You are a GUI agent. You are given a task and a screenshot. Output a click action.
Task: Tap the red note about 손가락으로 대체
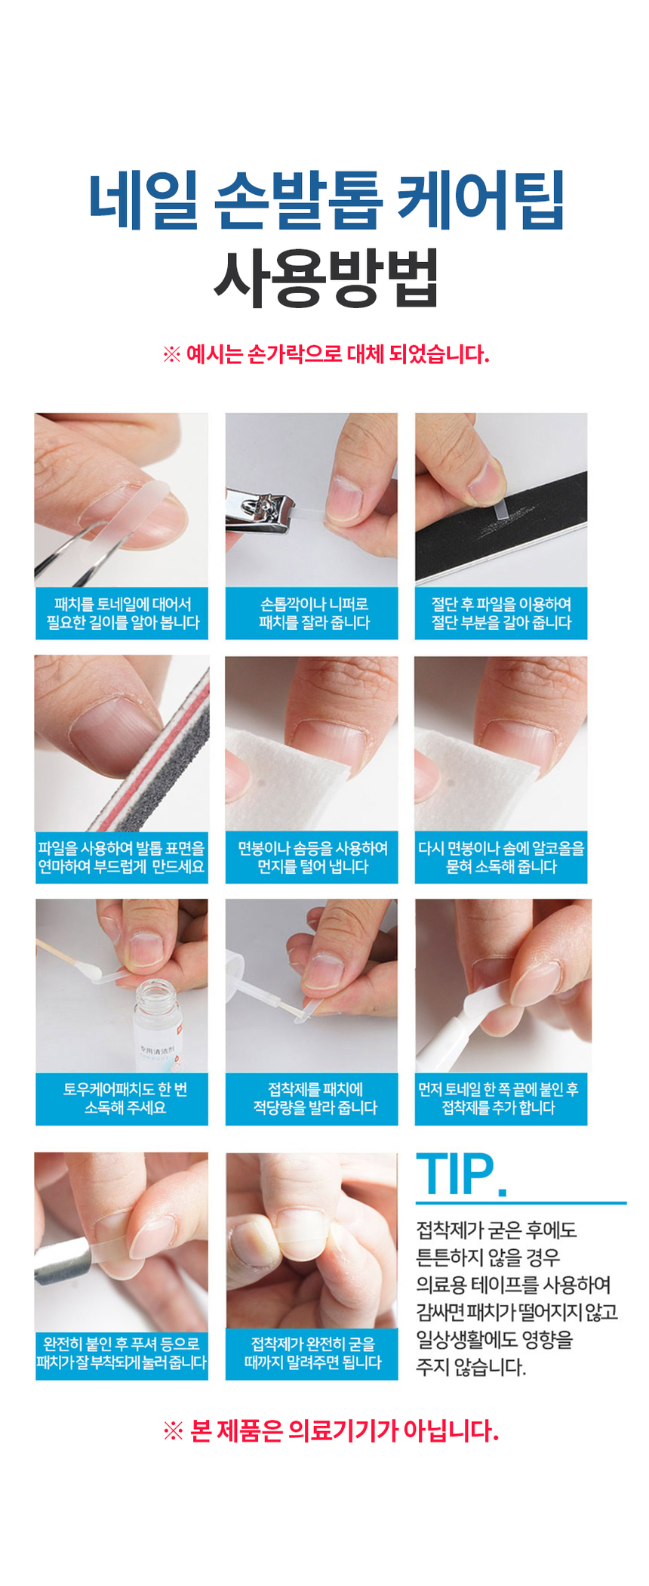coord(326,354)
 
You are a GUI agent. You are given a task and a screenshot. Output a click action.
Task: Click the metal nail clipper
coord(260,511)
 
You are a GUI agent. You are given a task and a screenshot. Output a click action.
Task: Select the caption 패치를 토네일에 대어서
coord(122,604)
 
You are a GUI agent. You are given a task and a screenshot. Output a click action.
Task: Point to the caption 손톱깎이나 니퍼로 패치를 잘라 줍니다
coord(313,613)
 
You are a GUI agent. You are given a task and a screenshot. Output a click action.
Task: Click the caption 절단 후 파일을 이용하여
coord(501,604)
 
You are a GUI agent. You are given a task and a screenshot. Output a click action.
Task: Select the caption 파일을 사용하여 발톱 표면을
coord(121,848)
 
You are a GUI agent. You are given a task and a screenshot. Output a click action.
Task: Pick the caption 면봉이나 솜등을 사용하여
coord(312,848)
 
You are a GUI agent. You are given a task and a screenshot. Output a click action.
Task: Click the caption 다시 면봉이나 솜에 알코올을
coord(501,848)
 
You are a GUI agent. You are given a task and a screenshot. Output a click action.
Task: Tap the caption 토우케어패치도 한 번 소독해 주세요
coord(125,1098)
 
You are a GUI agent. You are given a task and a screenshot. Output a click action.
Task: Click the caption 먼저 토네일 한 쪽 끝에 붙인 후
coord(498,1089)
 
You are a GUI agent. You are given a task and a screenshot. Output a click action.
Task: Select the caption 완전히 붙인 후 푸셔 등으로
coord(121,1344)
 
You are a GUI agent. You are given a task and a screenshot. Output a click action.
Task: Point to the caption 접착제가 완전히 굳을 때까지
coord(312,1353)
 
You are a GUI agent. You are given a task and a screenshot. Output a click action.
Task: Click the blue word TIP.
coord(461,1175)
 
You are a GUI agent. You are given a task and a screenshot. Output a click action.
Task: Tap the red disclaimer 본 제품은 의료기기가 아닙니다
coord(331,1430)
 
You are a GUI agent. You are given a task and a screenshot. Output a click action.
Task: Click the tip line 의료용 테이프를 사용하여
coord(513,1284)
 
